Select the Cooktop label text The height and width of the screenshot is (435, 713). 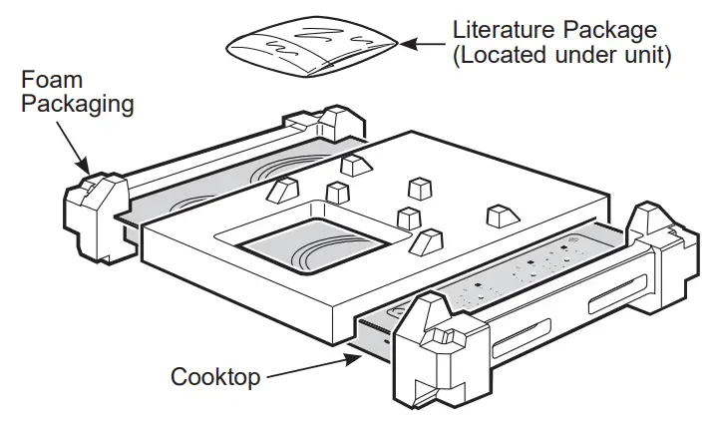(215, 377)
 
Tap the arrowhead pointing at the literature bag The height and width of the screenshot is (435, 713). (407, 42)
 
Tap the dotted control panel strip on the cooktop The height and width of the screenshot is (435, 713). (519, 274)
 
